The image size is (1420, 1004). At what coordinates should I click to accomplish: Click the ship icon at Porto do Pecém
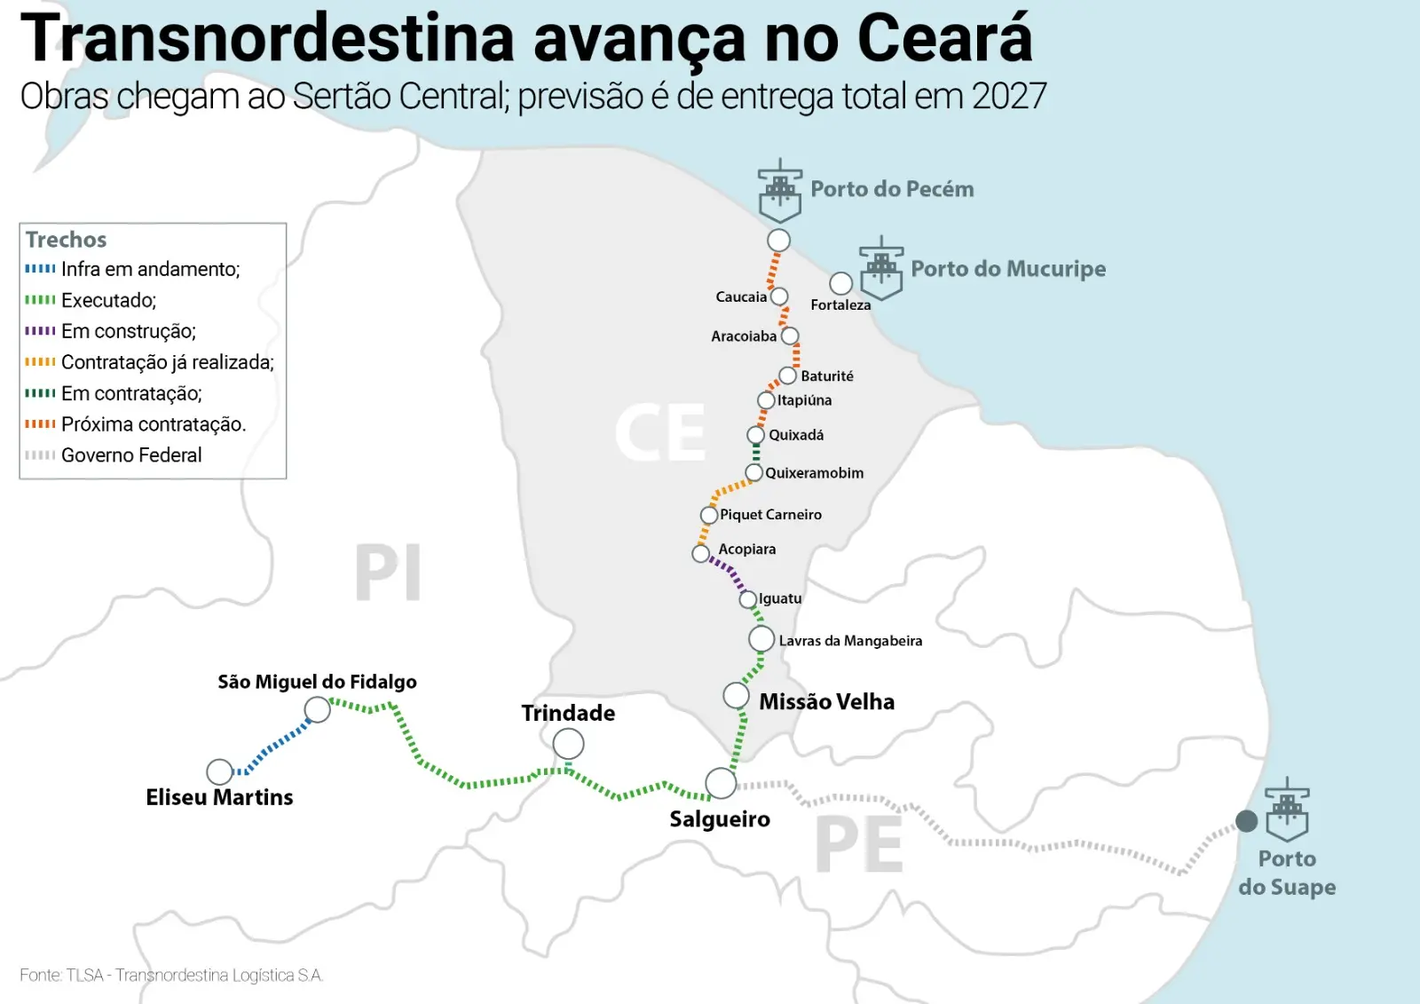[x=780, y=191]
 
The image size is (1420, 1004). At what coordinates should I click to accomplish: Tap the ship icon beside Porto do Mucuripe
[x=881, y=268]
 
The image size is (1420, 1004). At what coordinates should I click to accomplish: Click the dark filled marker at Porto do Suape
[x=1246, y=821]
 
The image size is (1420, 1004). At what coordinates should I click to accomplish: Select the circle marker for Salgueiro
[x=721, y=783]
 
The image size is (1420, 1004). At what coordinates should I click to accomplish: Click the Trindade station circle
[x=568, y=744]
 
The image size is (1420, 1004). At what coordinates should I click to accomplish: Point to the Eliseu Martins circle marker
[x=219, y=771]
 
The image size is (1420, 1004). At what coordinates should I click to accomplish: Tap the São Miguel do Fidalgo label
[x=317, y=682]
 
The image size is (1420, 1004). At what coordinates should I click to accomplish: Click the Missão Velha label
[x=826, y=701]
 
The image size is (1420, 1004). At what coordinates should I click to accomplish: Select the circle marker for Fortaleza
[x=840, y=283]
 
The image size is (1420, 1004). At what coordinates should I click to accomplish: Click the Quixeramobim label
[x=814, y=473]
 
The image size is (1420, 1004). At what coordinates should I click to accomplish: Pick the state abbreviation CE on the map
[x=660, y=433]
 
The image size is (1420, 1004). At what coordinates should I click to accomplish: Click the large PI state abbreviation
[x=388, y=573]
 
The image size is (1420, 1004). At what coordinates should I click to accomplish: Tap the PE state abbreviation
[x=858, y=845]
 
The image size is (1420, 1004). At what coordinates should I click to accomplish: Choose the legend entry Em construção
[x=128, y=331]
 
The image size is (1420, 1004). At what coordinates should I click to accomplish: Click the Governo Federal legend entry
[x=131, y=455]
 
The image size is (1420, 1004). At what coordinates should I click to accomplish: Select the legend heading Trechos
[x=66, y=240]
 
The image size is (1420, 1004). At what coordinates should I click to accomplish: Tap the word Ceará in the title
[x=944, y=39]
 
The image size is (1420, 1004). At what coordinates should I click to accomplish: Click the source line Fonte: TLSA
[x=171, y=975]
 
